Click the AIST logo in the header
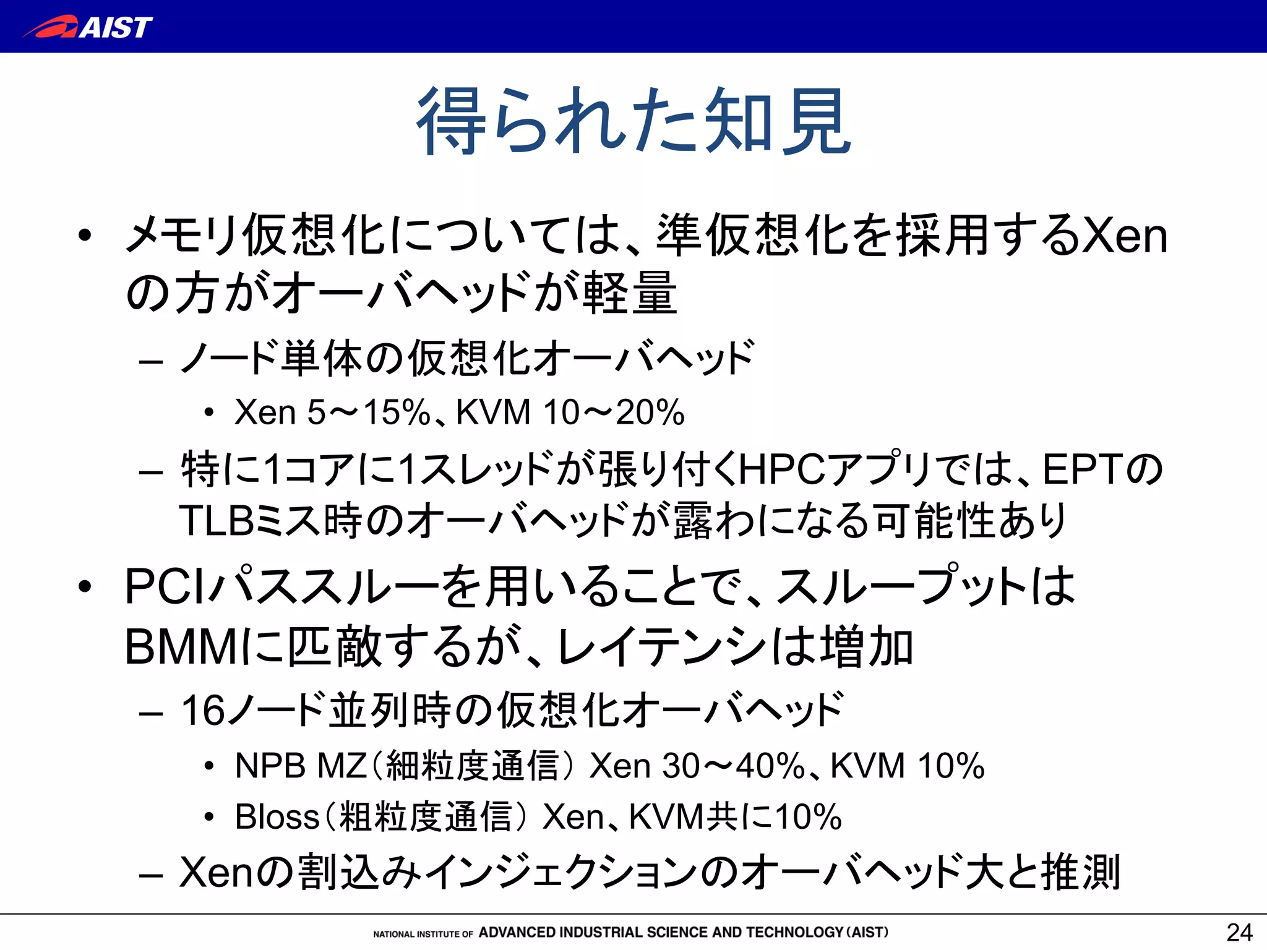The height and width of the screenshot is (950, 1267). pos(88,27)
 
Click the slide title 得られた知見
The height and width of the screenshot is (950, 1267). pos(633,121)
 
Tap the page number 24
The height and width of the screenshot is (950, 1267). pos(1239,932)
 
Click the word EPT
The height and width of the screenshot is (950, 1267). pos(1083,469)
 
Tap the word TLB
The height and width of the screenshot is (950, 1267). pos(217,520)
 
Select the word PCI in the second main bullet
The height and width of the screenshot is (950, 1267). pos(165,586)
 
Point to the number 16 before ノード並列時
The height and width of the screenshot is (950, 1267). pos(203,709)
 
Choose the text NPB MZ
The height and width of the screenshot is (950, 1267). pos(301,766)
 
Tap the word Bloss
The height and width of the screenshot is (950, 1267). pos(277,816)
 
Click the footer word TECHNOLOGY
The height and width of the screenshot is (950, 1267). pos(794,932)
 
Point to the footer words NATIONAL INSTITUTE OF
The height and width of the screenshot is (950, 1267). pos(423,934)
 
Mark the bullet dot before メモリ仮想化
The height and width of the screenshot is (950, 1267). pos(85,236)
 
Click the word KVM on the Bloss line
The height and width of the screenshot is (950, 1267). pos(667,816)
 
